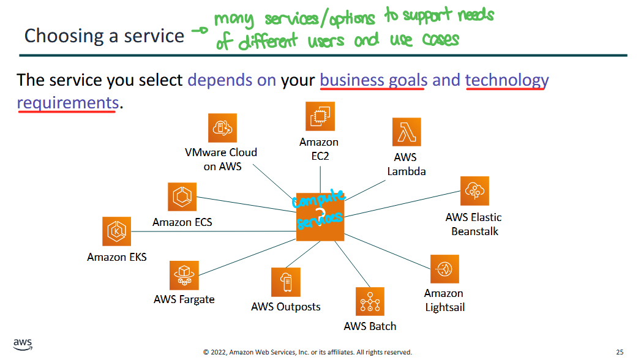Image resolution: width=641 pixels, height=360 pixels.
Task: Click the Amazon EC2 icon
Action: [320, 116]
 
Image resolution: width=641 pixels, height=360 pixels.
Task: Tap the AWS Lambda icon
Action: [407, 132]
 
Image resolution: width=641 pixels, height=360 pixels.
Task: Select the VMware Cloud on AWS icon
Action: [222, 127]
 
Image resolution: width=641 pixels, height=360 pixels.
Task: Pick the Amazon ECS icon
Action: [182, 197]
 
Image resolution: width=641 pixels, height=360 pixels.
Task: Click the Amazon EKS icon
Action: [116, 231]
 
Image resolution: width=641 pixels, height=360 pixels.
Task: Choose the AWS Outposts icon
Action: [285, 282]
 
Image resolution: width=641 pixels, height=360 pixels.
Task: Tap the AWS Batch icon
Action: [370, 301]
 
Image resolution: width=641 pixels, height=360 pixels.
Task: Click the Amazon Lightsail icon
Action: [444, 269]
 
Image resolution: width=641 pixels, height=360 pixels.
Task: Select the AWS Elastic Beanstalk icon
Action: [475, 191]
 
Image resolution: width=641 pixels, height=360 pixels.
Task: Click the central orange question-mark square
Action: [320, 216]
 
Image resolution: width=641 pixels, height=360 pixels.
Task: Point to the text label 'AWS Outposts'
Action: [285, 306]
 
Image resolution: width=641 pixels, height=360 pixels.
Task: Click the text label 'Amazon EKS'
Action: [117, 257]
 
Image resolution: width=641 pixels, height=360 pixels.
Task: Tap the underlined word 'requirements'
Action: [67, 102]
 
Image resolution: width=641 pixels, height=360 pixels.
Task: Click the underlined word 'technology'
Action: [506, 80]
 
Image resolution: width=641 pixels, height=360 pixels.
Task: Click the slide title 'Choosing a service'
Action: [104, 36]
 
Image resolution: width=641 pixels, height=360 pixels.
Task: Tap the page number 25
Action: [620, 352]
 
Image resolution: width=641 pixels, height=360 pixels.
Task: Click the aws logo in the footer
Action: [23, 344]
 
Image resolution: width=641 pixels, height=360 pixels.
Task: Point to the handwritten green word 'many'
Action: [235, 20]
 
